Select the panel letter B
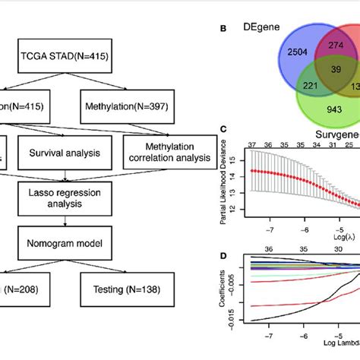pyautogui.click(x=223, y=30)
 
